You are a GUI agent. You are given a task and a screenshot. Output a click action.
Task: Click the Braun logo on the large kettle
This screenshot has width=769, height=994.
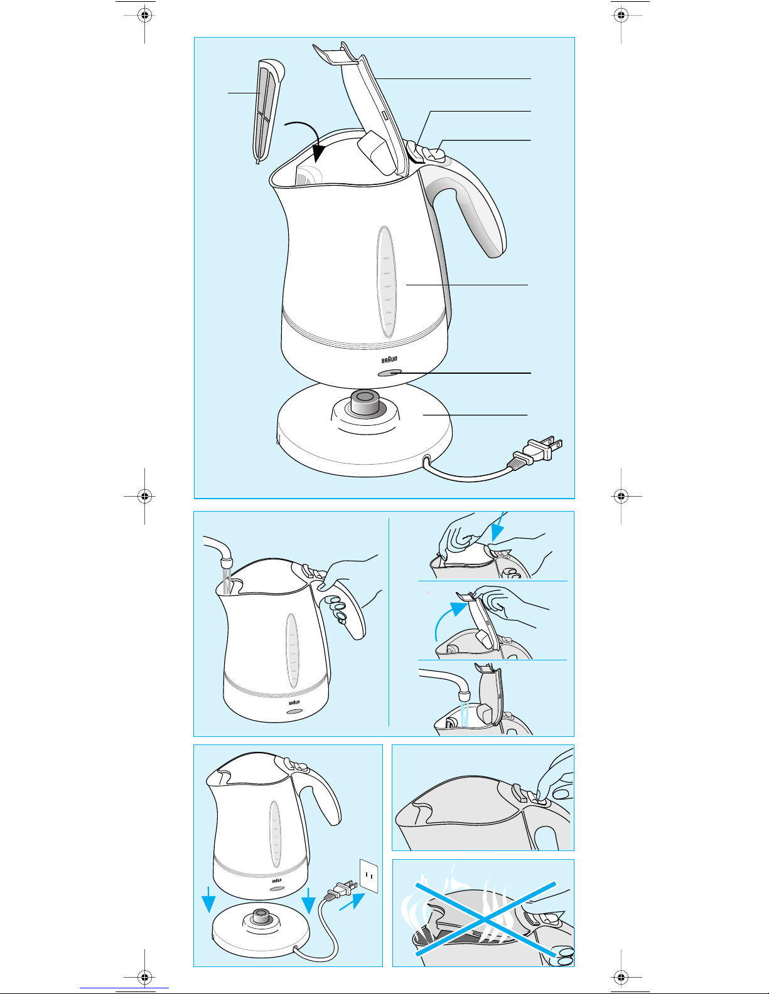(x=389, y=359)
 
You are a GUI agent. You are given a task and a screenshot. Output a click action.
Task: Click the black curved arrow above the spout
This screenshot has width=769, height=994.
(x=308, y=139)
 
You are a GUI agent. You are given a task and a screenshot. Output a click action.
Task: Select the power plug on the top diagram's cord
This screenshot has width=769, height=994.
(x=539, y=452)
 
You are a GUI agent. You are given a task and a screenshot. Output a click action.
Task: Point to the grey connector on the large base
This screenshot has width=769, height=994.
(x=364, y=403)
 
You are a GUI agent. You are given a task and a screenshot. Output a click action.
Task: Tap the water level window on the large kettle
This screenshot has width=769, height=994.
(x=386, y=282)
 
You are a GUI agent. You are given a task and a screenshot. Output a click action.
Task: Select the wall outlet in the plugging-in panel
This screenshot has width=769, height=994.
(x=369, y=875)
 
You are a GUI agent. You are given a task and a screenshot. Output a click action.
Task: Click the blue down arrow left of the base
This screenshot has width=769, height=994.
(x=208, y=900)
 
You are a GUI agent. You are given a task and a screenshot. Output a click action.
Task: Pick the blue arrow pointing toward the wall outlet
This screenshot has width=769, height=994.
(x=352, y=902)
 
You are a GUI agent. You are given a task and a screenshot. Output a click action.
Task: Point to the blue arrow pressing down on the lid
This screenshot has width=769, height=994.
(x=498, y=527)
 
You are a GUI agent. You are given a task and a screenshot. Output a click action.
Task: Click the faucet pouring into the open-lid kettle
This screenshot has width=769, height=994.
(x=445, y=682)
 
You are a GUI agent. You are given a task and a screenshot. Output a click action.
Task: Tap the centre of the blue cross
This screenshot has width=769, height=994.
(x=486, y=919)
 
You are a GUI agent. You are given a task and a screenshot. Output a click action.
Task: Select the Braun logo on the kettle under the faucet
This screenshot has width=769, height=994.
(x=294, y=702)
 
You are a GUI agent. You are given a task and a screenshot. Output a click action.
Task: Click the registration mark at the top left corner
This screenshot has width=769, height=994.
(x=144, y=16)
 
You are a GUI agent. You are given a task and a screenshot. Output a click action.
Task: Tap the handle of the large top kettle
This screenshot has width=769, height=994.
(x=471, y=206)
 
